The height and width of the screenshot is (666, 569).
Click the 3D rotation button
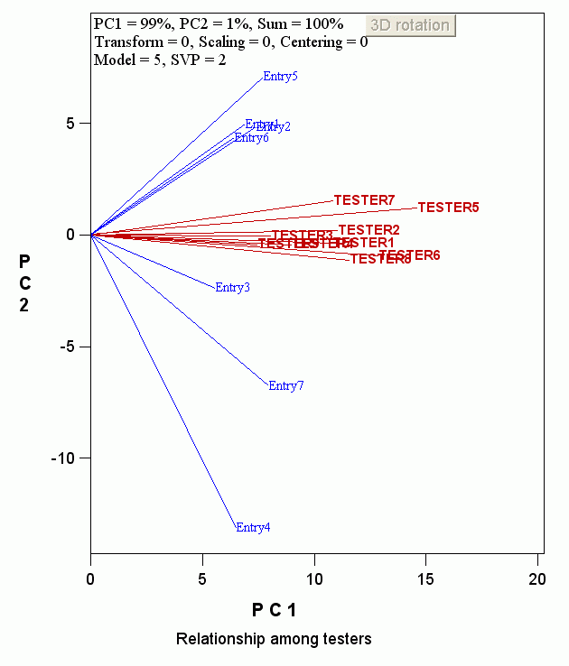point(411,25)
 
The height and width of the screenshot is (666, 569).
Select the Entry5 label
point(280,77)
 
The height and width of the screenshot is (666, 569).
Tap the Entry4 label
point(253,528)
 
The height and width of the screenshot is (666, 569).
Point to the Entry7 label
point(286,386)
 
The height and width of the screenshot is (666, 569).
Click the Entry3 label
point(233,288)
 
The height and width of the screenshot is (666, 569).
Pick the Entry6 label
point(252,138)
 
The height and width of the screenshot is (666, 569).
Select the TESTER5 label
point(448,208)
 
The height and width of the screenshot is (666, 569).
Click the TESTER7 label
point(365,199)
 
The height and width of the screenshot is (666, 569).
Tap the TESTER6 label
point(410,255)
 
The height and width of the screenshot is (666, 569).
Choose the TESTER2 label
point(368,230)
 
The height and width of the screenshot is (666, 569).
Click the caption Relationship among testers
point(274,640)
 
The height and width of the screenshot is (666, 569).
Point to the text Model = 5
point(126,60)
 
